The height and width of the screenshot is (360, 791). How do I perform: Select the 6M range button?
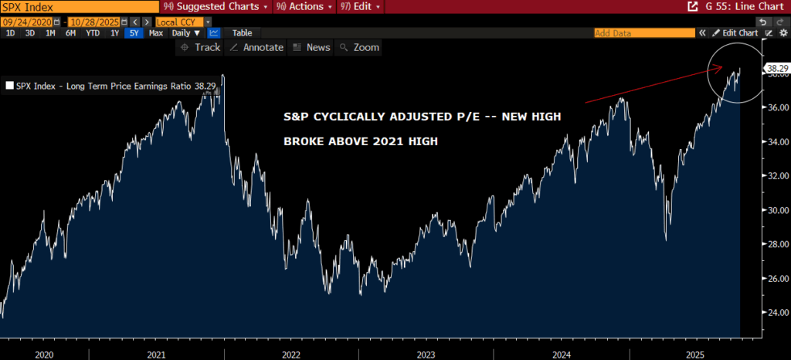point(70,33)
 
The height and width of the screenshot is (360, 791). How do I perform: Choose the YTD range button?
point(92,33)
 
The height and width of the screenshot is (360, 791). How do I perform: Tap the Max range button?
point(155,33)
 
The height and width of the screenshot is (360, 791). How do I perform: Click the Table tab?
point(242,33)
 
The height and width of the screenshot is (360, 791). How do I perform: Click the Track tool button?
point(200,48)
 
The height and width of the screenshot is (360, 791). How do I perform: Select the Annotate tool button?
point(257,48)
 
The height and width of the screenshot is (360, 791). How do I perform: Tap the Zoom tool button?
point(360,48)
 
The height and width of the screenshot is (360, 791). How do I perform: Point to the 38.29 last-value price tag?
point(777,69)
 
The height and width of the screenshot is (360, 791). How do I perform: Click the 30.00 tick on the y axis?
point(776,210)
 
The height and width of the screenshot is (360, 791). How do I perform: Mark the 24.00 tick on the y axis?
point(776,313)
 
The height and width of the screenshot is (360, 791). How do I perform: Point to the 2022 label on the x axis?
point(291,353)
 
